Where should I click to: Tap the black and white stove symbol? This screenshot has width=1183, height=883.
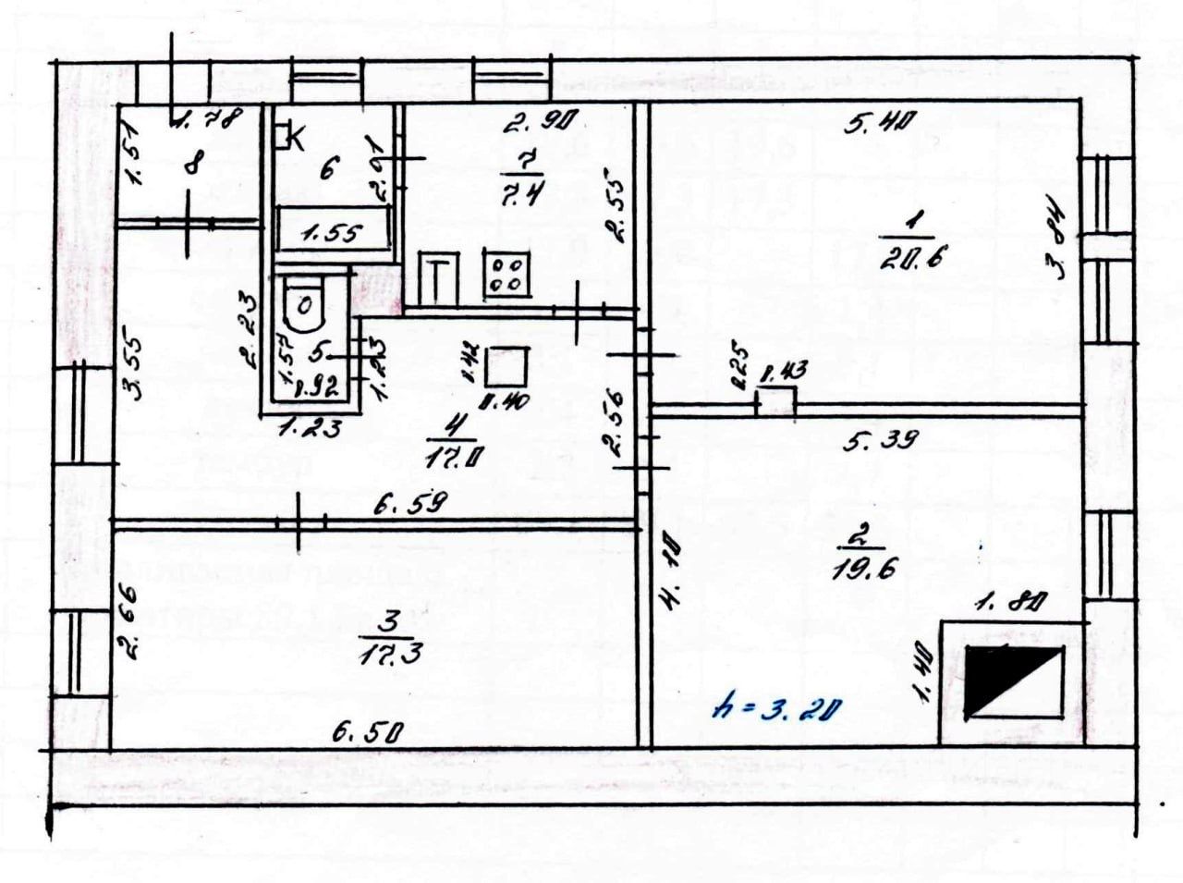tap(1013, 682)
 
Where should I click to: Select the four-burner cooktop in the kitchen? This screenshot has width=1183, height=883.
tap(506, 276)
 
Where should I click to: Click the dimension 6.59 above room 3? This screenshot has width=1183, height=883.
tap(410, 504)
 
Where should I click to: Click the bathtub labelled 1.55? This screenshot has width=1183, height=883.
tap(333, 232)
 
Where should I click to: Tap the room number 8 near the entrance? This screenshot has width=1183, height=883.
tap(192, 166)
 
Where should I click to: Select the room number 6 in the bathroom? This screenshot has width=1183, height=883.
tap(329, 168)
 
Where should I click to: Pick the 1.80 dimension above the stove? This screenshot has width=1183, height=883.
tap(1011, 604)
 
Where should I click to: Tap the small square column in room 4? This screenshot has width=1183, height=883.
tap(506, 365)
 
